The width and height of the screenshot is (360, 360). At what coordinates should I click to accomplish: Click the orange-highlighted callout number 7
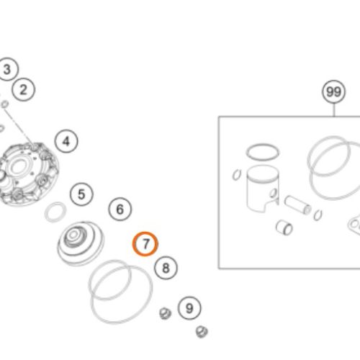(x=145, y=244)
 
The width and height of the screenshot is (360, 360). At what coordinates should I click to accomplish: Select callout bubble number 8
(x=166, y=268)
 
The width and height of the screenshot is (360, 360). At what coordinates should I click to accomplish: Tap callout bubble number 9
(x=189, y=308)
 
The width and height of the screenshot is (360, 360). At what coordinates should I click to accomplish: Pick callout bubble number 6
(x=120, y=209)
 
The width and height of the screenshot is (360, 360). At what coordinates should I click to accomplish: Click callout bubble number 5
(x=81, y=194)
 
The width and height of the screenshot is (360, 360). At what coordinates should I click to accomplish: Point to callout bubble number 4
(x=66, y=141)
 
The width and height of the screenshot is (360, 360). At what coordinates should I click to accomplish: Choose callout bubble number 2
(x=23, y=90)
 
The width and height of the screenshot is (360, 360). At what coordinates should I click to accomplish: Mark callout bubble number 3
(x=7, y=69)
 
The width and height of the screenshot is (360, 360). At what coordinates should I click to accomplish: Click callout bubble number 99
(x=334, y=91)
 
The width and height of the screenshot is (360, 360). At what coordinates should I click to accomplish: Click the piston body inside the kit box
(x=262, y=189)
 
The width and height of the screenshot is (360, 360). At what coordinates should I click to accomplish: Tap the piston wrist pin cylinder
(x=297, y=205)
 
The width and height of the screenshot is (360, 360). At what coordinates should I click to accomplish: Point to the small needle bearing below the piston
(x=284, y=228)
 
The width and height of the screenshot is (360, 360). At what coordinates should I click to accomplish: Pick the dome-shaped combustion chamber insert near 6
(x=81, y=243)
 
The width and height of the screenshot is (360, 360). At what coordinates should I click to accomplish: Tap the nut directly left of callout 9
(x=165, y=313)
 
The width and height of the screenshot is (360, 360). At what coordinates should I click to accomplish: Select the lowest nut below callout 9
(x=202, y=332)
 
